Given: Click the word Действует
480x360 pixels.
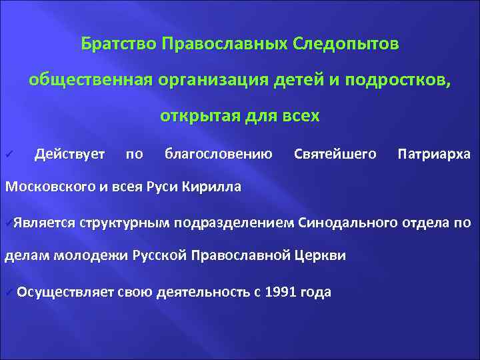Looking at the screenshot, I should [x=69, y=155].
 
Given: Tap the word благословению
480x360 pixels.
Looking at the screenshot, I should [x=218, y=155].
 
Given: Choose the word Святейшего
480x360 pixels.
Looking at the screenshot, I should [x=335, y=155].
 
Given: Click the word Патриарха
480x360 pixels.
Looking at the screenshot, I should [x=433, y=155].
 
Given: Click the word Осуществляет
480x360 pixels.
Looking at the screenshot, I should [x=65, y=291].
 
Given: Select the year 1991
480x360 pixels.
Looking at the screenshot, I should [x=281, y=291].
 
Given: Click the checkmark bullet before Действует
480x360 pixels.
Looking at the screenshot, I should [x=9, y=155].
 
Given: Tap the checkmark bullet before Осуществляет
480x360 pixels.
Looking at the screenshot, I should [x=8, y=292].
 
